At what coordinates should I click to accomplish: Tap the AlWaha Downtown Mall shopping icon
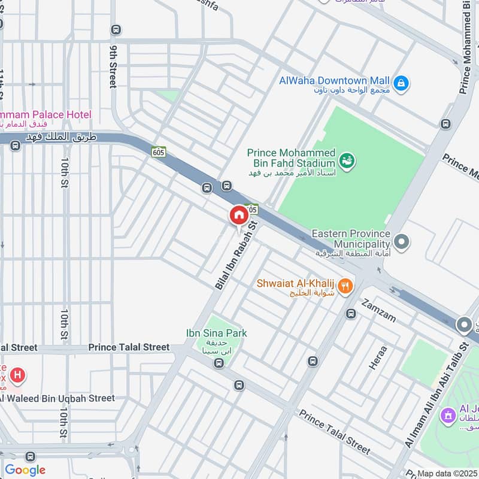[402, 83]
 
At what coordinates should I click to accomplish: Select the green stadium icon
[347, 160]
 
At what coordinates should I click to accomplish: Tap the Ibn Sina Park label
[216, 333]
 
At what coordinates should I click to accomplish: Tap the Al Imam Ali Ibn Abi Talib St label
[436, 395]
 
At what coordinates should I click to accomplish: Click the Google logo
[25, 470]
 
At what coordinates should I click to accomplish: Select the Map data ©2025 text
[447, 473]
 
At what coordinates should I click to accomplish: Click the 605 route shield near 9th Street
[158, 152]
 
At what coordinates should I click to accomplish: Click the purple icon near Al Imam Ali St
[447, 414]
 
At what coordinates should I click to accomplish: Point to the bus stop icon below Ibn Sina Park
[219, 363]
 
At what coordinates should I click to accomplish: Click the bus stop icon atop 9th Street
[116, 29]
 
